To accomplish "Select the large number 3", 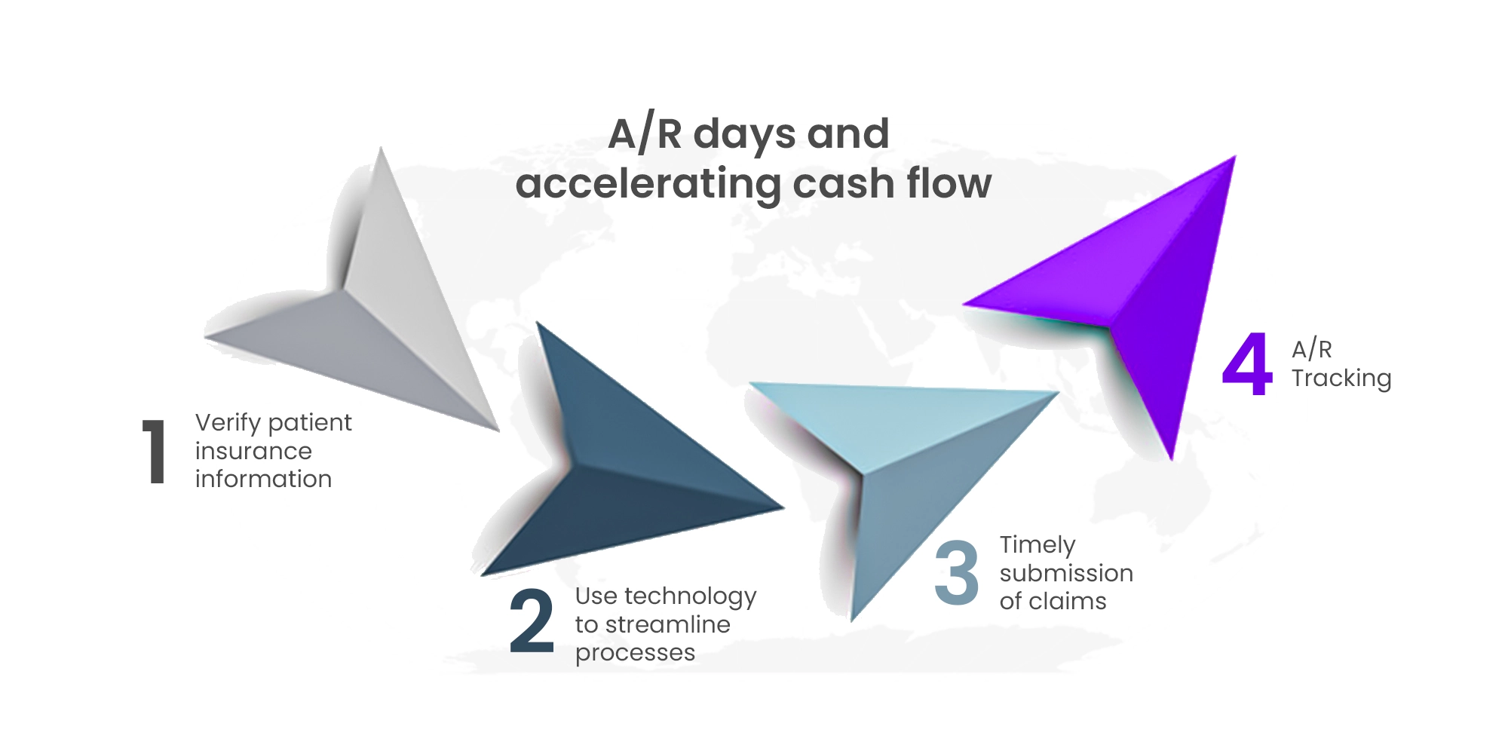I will [x=956, y=573].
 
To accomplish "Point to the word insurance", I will [x=253, y=451].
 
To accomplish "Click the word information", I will [x=263, y=479].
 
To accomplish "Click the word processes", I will [x=635, y=653].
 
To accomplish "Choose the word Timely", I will [x=1038, y=545].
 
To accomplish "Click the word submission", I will [x=1066, y=573].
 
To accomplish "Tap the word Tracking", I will [x=1341, y=378].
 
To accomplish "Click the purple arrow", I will [x=1154, y=302].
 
